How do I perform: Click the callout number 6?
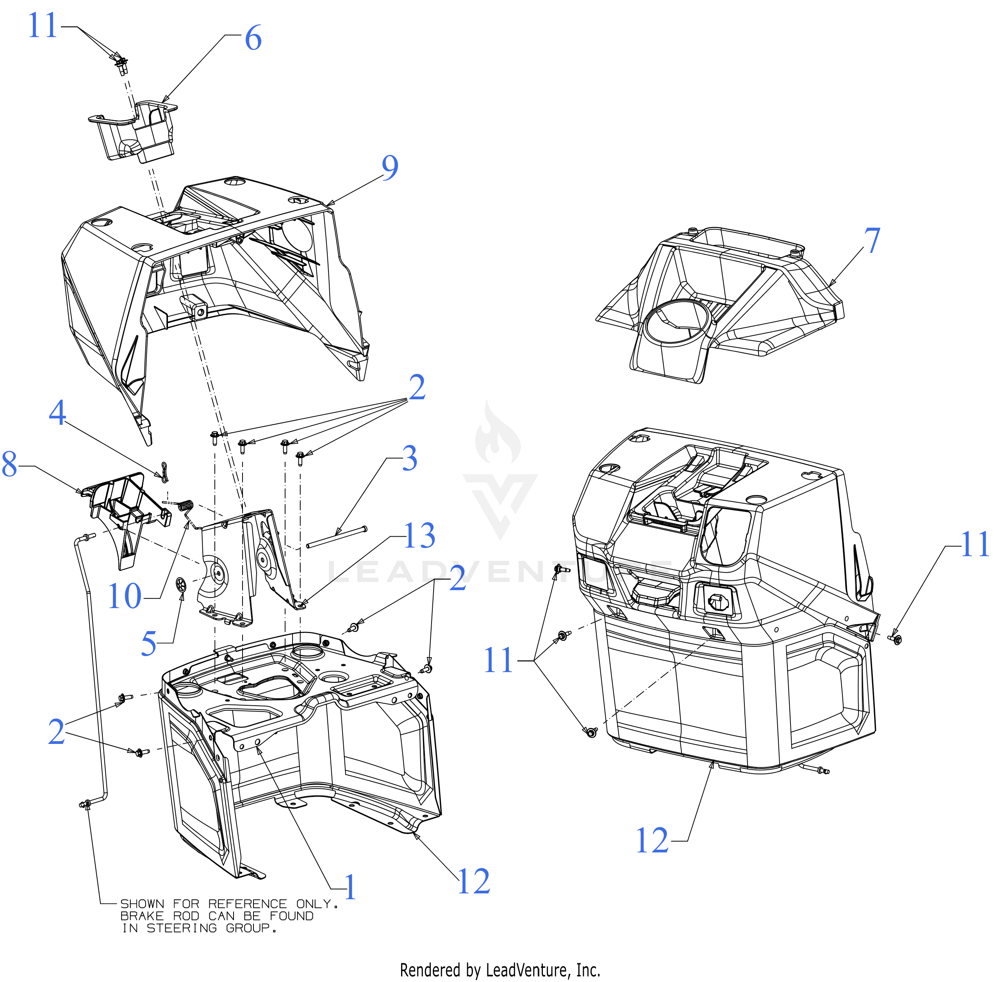[253, 38]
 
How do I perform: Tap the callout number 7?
[872, 240]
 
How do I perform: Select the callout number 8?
[10, 464]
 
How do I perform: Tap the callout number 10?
[124, 597]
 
